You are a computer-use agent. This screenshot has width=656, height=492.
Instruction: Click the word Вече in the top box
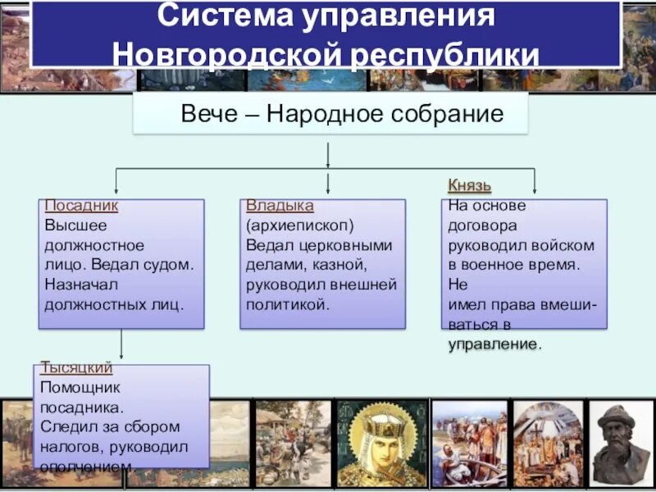click(x=207, y=114)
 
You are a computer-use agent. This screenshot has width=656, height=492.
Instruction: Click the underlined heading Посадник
click(x=81, y=206)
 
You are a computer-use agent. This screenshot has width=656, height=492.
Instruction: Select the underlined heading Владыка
click(x=280, y=206)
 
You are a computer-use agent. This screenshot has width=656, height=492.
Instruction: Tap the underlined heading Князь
click(x=470, y=186)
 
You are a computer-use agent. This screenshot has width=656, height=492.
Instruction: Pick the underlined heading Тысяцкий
click(x=76, y=368)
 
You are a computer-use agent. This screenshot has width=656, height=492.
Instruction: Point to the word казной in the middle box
click(x=331, y=264)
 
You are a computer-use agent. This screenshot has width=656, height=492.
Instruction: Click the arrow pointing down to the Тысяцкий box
click(x=121, y=348)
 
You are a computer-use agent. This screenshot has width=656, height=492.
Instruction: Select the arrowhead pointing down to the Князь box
click(x=535, y=190)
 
